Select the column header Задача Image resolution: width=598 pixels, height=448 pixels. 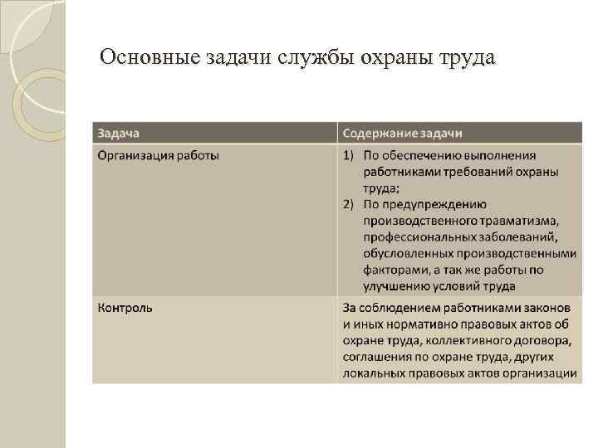(x=119, y=133)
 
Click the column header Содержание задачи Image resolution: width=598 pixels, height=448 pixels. (x=403, y=133)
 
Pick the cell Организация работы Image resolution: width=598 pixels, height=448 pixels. (x=159, y=155)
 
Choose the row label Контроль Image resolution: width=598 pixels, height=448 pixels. (x=125, y=308)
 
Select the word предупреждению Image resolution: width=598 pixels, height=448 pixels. (x=435, y=204)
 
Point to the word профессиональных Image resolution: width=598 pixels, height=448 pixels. (x=414, y=237)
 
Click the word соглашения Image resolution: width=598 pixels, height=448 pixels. (x=379, y=357)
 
